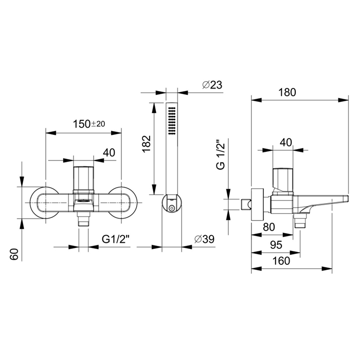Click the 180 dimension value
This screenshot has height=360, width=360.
click(x=287, y=92)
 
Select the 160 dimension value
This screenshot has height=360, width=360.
click(x=281, y=261)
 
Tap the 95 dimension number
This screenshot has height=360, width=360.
click(x=276, y=245)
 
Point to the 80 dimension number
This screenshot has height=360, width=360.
click(x=269, y=227)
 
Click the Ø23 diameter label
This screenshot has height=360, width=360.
click(x=212, y=85)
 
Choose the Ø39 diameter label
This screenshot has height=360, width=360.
click(x=204, y=239)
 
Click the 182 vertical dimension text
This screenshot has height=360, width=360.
click(x=146, y=144)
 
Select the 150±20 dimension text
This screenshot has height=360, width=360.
click(x=89, y=124)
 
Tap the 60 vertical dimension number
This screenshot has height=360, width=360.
click(x=14, y=254)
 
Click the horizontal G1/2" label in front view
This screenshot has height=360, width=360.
click(x=116, y=240)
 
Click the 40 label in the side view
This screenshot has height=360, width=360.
click(x=286, y=142)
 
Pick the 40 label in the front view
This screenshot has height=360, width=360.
click(x=109, y=152)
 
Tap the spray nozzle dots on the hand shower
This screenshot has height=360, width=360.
click(x=172, y=121)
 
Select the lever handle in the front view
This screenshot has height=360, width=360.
click(x=83, y=179)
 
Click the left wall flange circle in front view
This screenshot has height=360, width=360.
click(x=46, y=203)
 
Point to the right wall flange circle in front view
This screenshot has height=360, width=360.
click(x=122, y=203)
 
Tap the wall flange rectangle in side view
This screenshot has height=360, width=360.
click(x=257, y=204)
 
